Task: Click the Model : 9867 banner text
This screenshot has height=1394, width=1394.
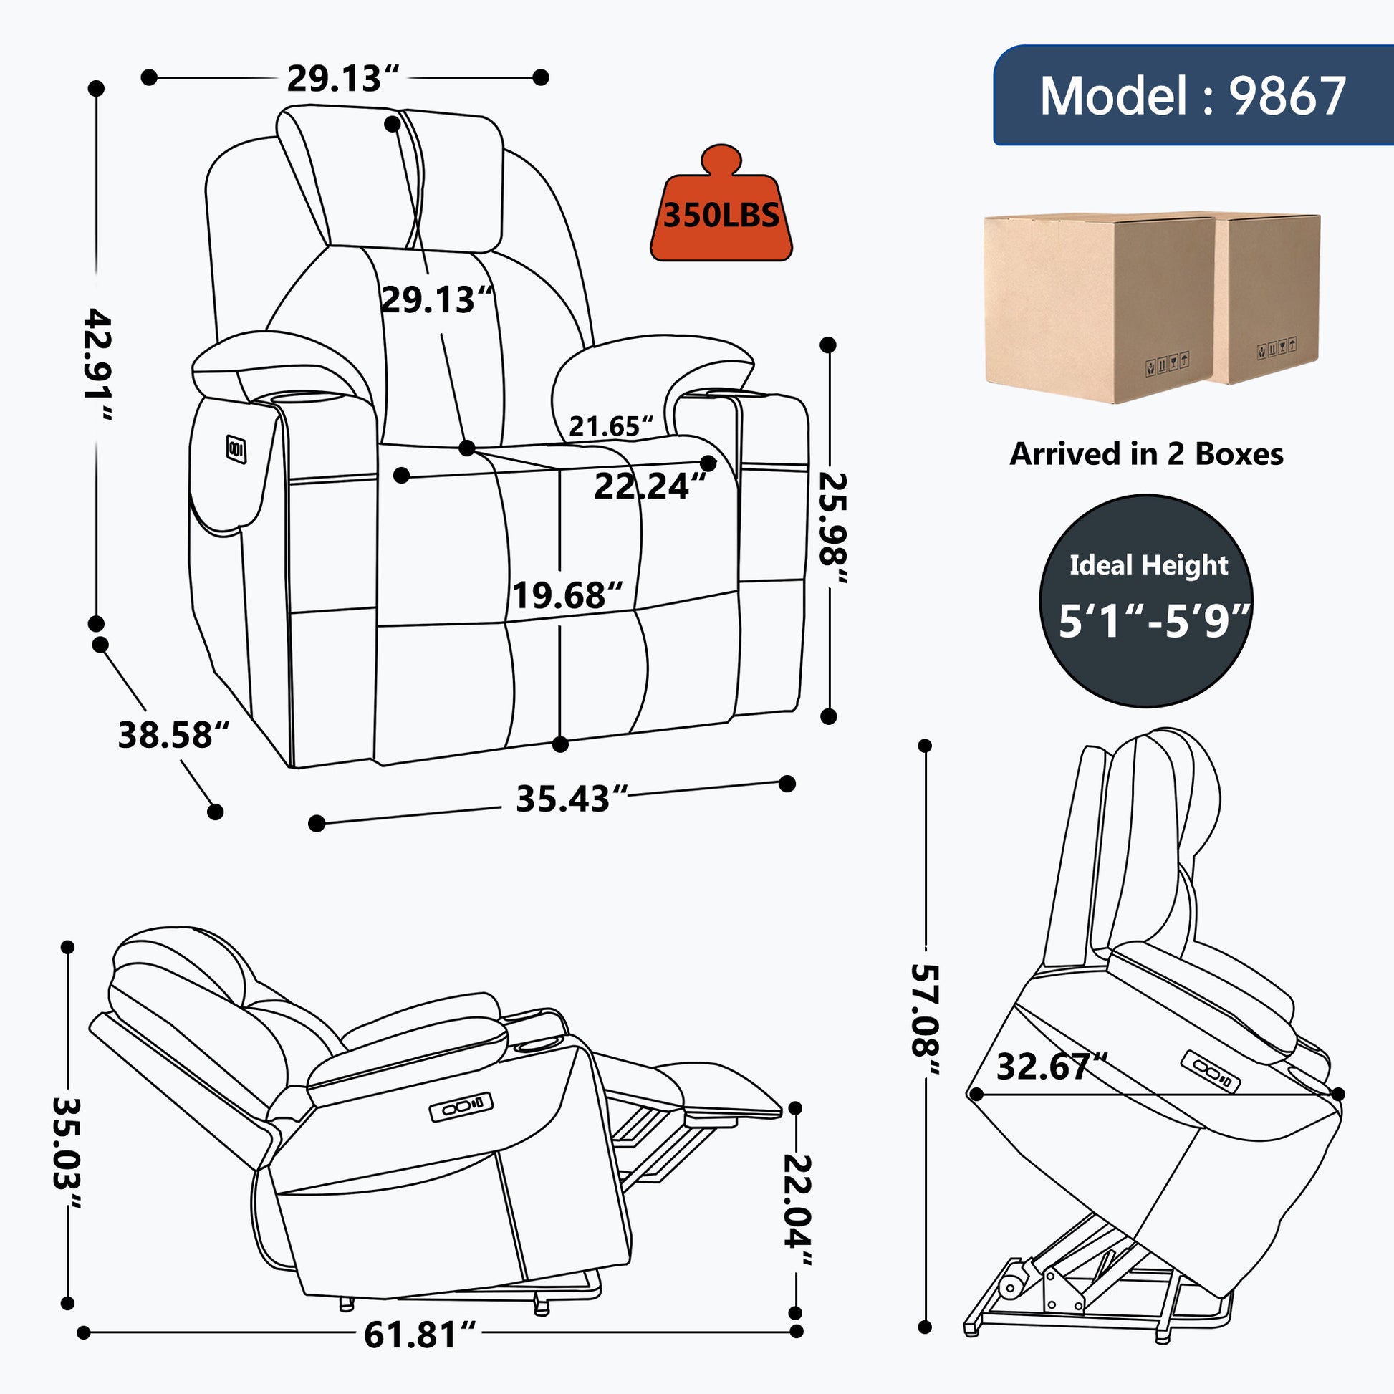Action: pyautogui.click(x=1193, y=96)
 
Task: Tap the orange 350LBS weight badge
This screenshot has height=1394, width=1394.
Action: pyautogui.click(x=721, y=203)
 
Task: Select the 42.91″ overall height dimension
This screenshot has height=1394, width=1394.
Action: pyautogui.click(x=99, y=365)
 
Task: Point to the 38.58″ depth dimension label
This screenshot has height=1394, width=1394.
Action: pyautogui.click(x=174, y=735)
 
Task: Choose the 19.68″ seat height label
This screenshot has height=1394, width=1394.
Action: pyautogui.click(x=567, y=595)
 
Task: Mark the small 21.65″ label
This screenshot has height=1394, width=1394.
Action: pyautogui.click(x=611, y=426)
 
